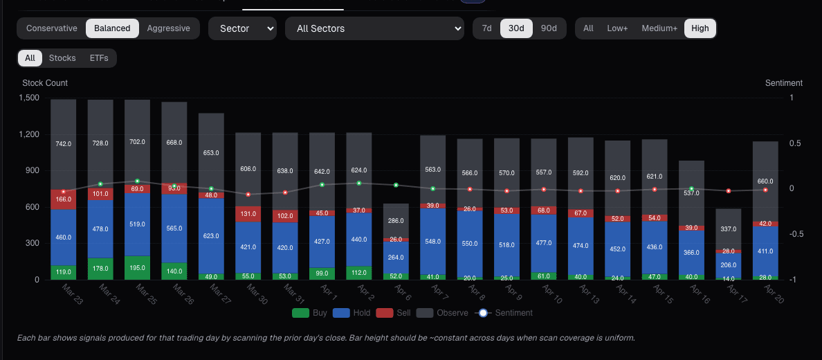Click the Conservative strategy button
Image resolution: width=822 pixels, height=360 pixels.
point(52,28)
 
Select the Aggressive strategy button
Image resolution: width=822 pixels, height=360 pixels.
point(168,28)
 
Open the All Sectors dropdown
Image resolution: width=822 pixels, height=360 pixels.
point(374,28)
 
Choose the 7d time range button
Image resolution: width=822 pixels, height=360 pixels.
point(487,28)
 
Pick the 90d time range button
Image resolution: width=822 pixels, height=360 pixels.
point(549,28)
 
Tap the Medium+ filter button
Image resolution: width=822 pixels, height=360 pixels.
point(659,28)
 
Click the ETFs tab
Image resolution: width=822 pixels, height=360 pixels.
point(99,58)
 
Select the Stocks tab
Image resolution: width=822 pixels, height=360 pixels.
point(62,58)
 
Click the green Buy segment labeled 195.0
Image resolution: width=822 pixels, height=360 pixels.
point(137,268)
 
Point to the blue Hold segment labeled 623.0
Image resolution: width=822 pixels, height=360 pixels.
point(211,236)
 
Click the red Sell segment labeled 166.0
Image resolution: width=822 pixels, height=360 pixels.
point(63,199)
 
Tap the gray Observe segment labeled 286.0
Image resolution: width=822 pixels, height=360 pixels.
point(396,221)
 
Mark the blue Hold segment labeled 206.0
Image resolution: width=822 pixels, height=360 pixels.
point(728,265)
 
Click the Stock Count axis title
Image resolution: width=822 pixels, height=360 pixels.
point(45,83)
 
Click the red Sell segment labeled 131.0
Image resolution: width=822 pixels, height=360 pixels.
point(248,214)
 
